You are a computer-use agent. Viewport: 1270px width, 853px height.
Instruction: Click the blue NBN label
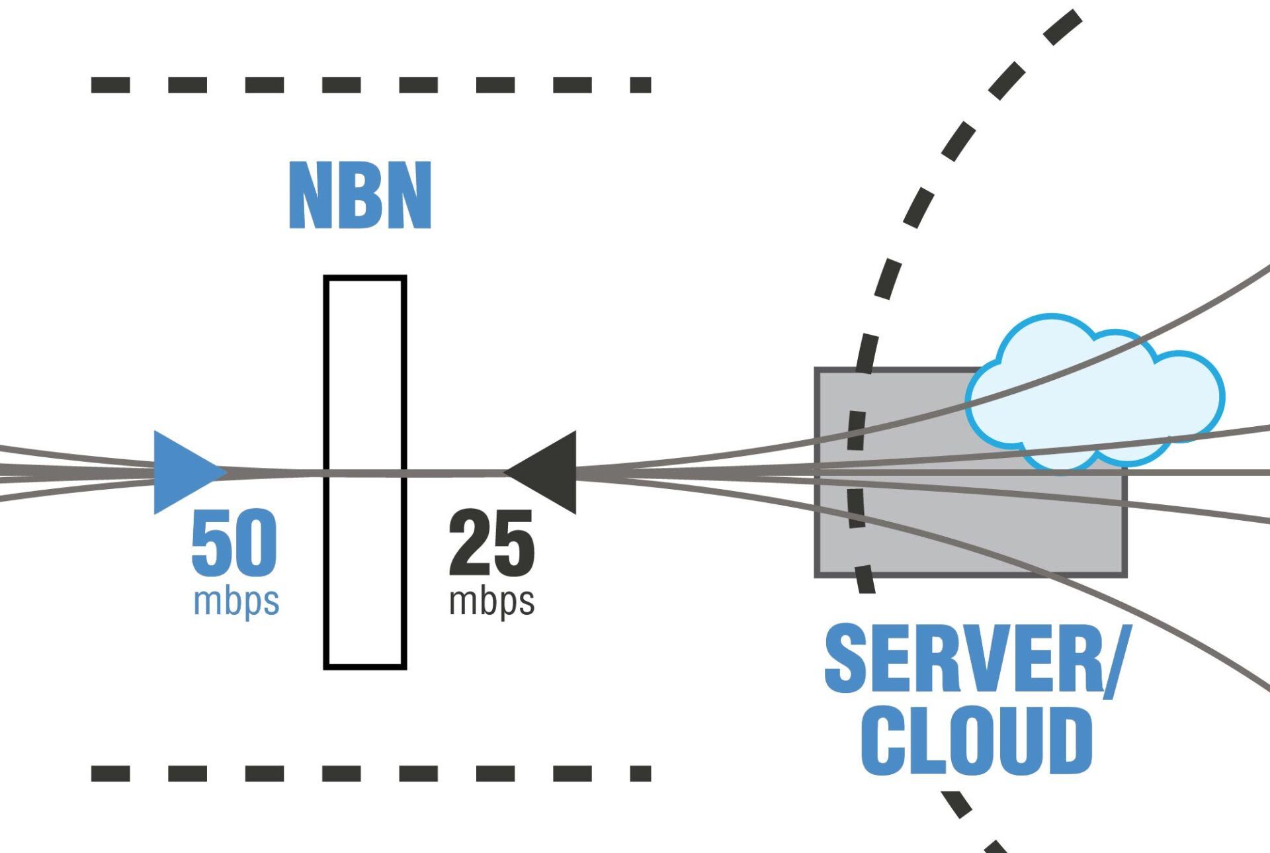coord(360,196)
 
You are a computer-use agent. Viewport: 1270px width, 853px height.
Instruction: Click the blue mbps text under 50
coord(236,602)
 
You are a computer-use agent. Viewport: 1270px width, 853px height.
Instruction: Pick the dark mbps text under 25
coord(491,602)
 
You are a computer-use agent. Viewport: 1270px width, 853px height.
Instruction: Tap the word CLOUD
coord(976,741)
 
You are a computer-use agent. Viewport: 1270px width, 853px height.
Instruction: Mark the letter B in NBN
coord(360,196)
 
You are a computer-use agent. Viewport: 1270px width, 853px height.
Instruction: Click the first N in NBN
coord(311,196)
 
